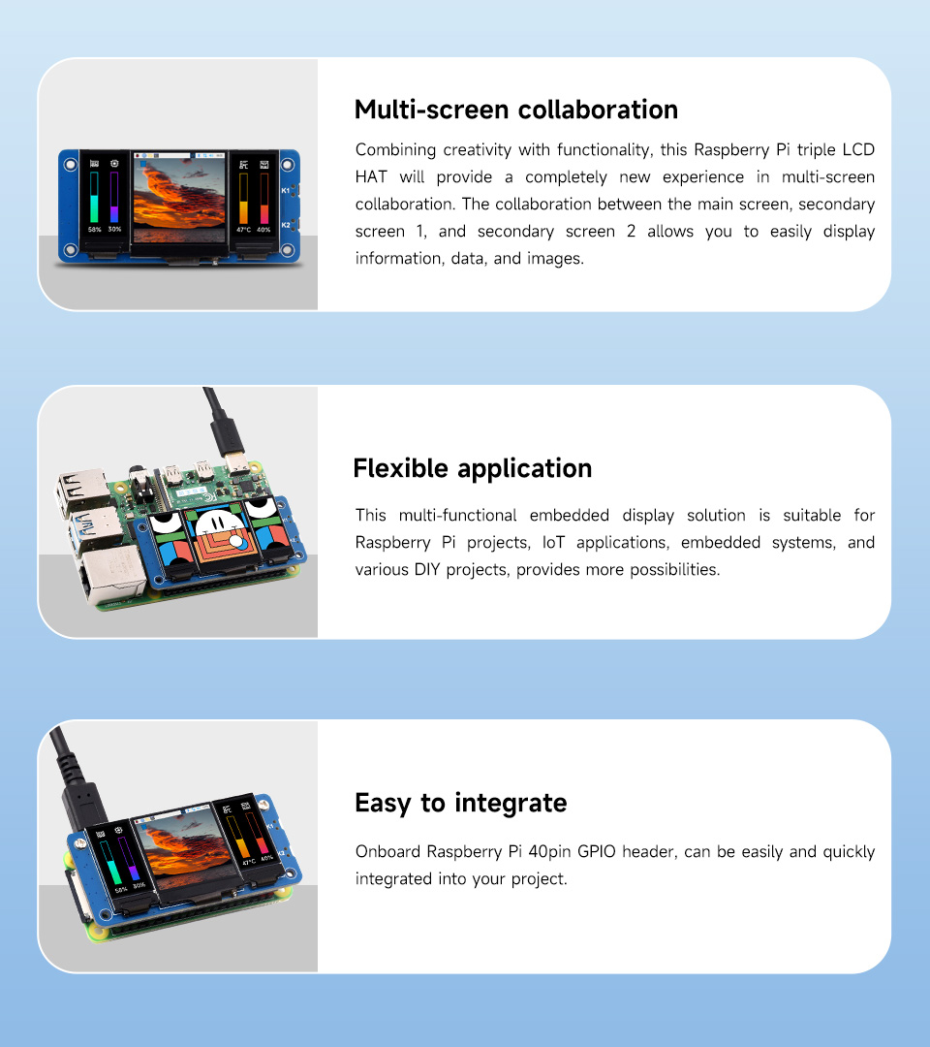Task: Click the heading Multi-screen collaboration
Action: tap(515, 110)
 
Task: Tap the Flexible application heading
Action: tap(473, 469)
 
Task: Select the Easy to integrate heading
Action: tap(461, 803)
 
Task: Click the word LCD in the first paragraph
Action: tap(858, 149)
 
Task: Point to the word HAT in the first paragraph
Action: tap(371, 177)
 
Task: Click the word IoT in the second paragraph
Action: tap(553, 542)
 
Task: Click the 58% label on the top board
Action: tap(95, 230)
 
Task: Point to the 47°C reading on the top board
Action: tap(243, 230)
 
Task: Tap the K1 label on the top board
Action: tap(286, 191)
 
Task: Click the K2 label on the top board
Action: tap(286, 225)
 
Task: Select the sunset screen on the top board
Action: tap(179, 199)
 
